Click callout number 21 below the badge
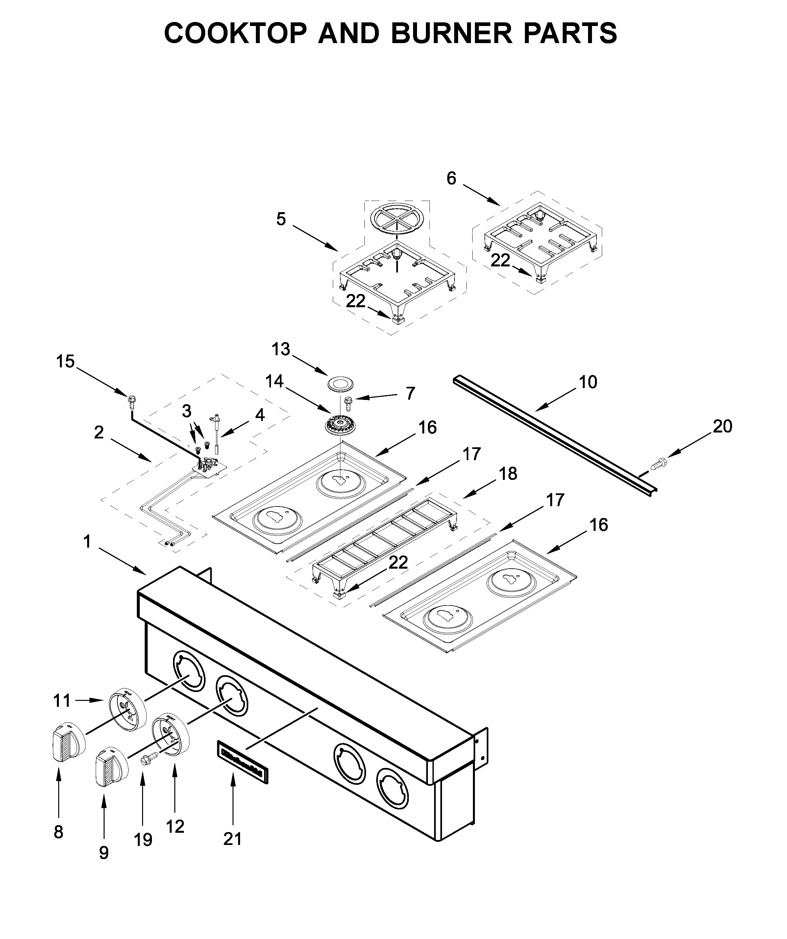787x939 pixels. [233, 839]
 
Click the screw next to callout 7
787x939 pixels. [348, 402]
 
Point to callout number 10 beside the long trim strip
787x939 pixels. [588, 382]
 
